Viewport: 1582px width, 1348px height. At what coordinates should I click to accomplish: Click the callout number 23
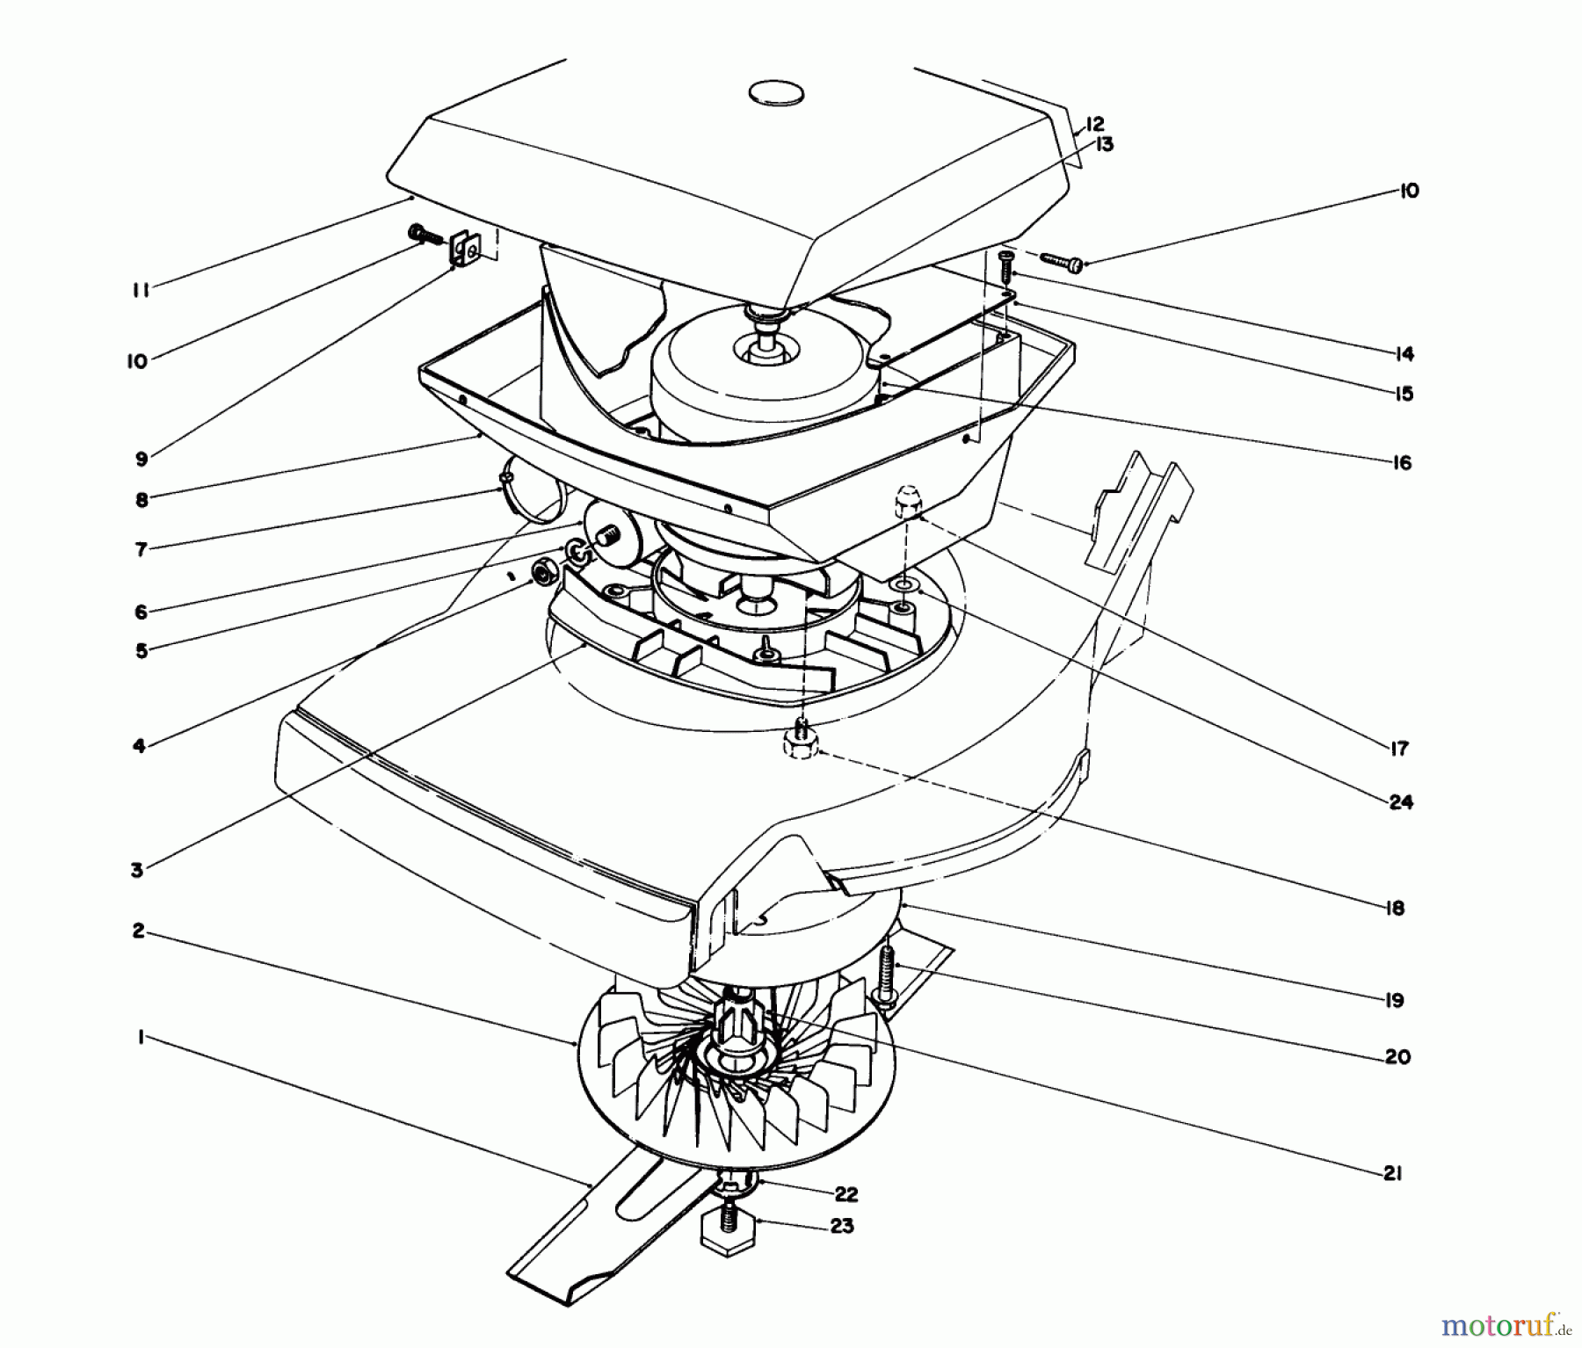[841, 1225]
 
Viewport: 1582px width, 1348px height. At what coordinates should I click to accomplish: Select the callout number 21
[1391, 1173]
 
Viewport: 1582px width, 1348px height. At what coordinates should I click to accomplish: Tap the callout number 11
[141, 290]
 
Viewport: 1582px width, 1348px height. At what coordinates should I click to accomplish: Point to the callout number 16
[1402, 462]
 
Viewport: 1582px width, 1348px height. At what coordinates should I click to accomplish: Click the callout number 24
[1401, 801]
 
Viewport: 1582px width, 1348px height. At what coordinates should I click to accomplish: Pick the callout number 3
[137, 870]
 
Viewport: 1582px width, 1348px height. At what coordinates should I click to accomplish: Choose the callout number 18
[1394, 908]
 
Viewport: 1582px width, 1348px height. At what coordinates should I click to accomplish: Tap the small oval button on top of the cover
[776, 92]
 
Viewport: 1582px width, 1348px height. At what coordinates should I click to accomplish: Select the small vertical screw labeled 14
[1006, 265]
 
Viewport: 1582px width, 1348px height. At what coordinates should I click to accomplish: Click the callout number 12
[1093, 125]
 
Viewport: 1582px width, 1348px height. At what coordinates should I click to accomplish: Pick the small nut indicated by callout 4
[541, 571]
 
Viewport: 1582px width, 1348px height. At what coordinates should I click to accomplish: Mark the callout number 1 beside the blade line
[140, 1038]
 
